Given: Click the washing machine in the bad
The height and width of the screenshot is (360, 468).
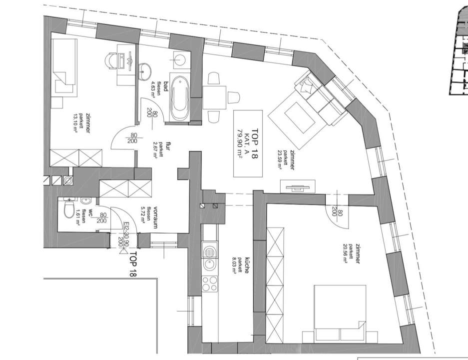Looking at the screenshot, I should pyautogui.click(x=179, y=59).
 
